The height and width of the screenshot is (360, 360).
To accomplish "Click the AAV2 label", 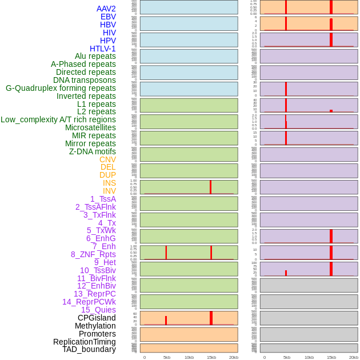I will [x=106, y=9].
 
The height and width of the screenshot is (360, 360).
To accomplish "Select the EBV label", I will [x=108, y=17].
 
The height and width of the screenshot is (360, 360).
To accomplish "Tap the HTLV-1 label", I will [x=103, y=49].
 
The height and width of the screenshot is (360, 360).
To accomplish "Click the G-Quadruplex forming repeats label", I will [x=61, y=88].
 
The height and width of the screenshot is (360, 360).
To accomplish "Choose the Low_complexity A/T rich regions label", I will [x=58, y=119].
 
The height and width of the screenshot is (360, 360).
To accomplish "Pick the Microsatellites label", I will [x=90, y=127].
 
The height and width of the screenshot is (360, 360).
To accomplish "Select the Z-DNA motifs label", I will [x=93, y=151].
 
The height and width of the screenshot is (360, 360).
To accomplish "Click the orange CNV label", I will [x=107, y=159].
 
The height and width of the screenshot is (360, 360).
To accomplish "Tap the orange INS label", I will [x=109, y=183].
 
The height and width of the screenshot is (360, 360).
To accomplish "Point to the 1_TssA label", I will [x=103, y=199].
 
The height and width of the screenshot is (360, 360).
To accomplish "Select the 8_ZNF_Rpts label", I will [x=93, y=254].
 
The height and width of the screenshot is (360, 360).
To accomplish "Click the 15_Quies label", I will [x=98, y=310].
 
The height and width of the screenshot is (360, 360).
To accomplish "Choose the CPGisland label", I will [x=97, y=318].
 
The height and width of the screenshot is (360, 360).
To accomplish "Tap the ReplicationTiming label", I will [x=85, y=342].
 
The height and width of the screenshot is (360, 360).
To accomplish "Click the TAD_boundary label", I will [x=89, y=349].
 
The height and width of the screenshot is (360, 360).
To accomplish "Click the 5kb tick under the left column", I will [x=167, y=357].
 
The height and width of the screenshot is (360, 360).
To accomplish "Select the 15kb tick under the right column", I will [x=331, y=357].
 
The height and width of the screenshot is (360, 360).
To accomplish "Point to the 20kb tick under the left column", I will [x=234, y=357].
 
